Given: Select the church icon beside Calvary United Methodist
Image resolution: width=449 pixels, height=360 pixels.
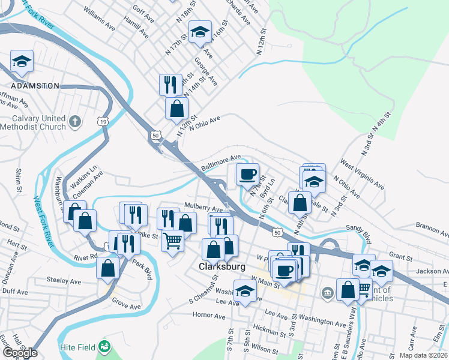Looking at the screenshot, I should coord(74,122).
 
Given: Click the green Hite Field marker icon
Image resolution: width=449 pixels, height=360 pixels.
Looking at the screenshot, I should coord(105,347).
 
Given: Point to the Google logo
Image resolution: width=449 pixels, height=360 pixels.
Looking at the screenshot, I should coord(20,353).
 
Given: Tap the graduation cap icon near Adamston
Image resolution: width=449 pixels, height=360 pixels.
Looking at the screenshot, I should coord(22,61).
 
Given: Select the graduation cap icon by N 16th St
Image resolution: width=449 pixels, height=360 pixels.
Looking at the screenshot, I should coord(200,32).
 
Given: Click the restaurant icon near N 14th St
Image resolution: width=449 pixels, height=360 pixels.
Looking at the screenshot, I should coord(170,84).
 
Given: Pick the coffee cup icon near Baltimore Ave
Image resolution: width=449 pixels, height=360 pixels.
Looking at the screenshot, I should coord(247,175).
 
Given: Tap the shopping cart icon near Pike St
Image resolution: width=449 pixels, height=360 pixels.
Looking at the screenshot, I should coord(172,241).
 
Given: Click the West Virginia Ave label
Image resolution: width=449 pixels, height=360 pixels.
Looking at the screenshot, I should coord(362,173).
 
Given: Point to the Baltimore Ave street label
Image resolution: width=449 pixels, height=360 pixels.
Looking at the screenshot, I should coord(220,163).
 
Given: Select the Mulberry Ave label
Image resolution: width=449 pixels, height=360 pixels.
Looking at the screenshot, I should coord(203,208).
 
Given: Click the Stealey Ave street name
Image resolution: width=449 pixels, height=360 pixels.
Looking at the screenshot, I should coord(67,280).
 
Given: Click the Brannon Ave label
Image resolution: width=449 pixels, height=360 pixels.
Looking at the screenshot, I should coord(432,229).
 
